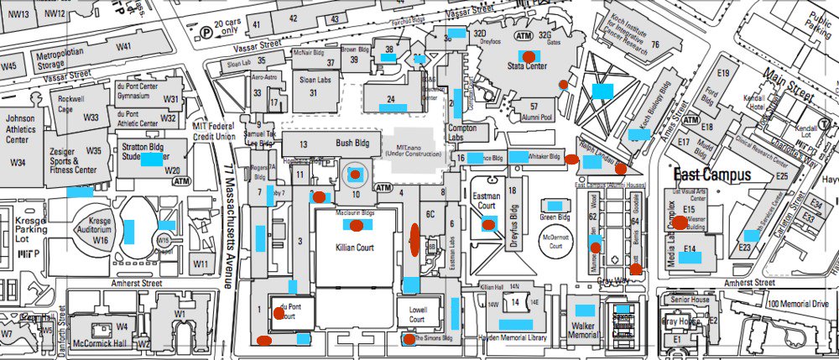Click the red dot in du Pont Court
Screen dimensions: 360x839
click(x=279, y=314)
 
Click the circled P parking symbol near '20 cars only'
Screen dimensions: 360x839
click(x=206, y=32)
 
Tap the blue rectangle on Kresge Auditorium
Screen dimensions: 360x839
click(x=132, y=228)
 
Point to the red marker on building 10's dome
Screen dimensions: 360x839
click(x=356, y=175)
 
